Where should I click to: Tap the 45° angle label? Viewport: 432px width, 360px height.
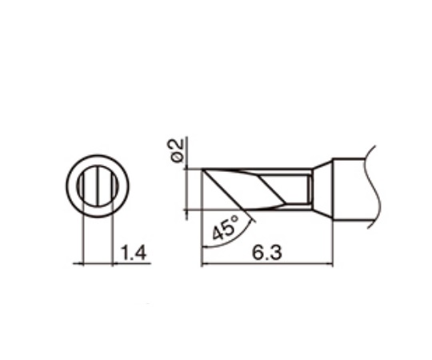[225, 230]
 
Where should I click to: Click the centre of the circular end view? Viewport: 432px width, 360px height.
[98, 186]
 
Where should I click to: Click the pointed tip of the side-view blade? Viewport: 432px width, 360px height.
[202, 170]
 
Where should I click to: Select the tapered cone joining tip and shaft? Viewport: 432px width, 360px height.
[321, 189]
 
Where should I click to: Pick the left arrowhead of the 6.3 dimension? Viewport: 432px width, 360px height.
[205, 263]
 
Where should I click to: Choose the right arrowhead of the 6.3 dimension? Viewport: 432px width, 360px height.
[328, 263]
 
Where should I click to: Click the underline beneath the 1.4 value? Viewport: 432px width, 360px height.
[132, 263]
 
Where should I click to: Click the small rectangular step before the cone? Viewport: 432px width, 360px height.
[307, 190]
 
